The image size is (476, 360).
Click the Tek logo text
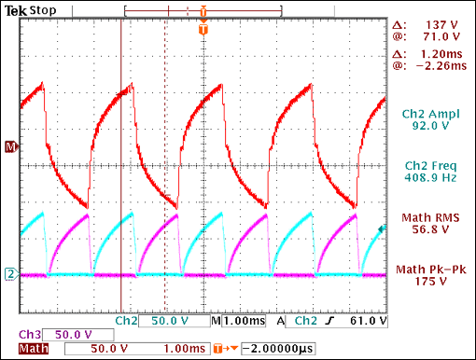click(x=15, y=7)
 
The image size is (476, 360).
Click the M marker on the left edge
click(x=10, y=147)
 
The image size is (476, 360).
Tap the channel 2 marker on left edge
click(x=10, y=274)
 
